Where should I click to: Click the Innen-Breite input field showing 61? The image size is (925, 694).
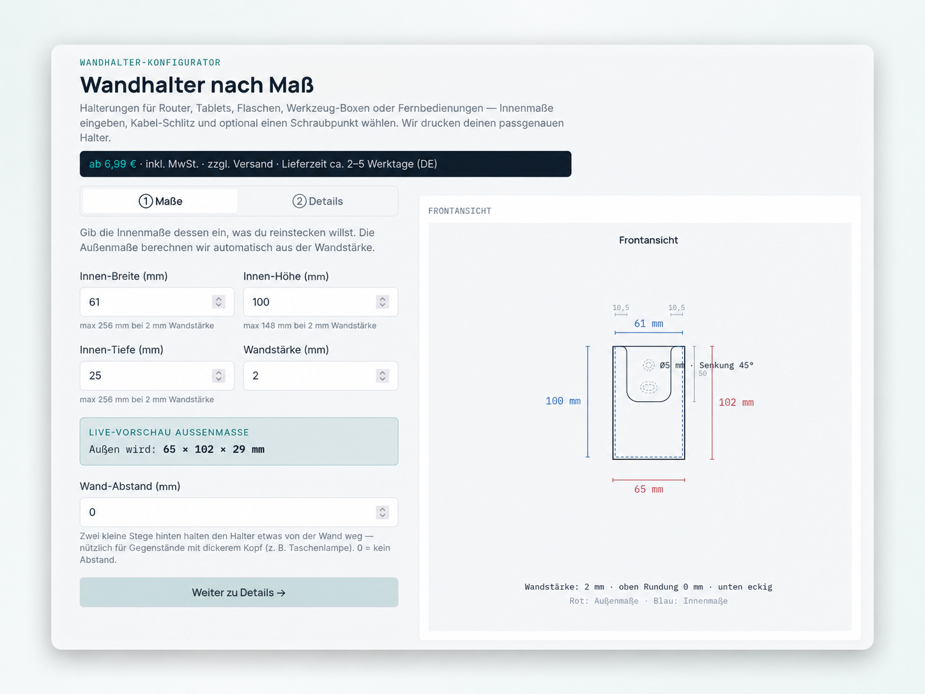tap(157, 302)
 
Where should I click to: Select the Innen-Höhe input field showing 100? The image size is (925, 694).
tap(320, 302)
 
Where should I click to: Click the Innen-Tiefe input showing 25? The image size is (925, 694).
tap(157, 376)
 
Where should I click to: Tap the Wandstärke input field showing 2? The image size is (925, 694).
tap(320, 376)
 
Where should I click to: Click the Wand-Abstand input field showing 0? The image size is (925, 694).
tap(239, 512)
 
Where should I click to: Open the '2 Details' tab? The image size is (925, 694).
tap(317, 201)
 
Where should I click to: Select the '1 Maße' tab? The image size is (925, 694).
tap(160, 201)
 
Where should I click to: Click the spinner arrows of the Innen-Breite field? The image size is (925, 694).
tap(218, 302)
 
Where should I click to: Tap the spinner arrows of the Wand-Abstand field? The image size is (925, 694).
tap(382, 512)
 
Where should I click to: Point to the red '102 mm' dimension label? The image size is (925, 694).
tap(736, 403)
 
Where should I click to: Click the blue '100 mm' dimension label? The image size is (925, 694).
tap(563, 401)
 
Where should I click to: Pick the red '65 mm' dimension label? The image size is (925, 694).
tap(648, 490)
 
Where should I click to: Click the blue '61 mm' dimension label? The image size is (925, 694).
tap(648, 323)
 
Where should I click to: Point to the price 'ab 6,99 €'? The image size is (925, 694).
tap(112, 164)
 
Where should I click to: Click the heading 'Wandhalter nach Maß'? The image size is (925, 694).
tap(197, 85)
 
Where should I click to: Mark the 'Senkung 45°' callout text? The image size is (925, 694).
tap(726, 366)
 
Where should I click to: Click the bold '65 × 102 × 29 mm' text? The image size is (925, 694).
tap(213, 449)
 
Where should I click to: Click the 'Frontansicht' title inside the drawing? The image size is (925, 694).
tap(648, 240)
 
